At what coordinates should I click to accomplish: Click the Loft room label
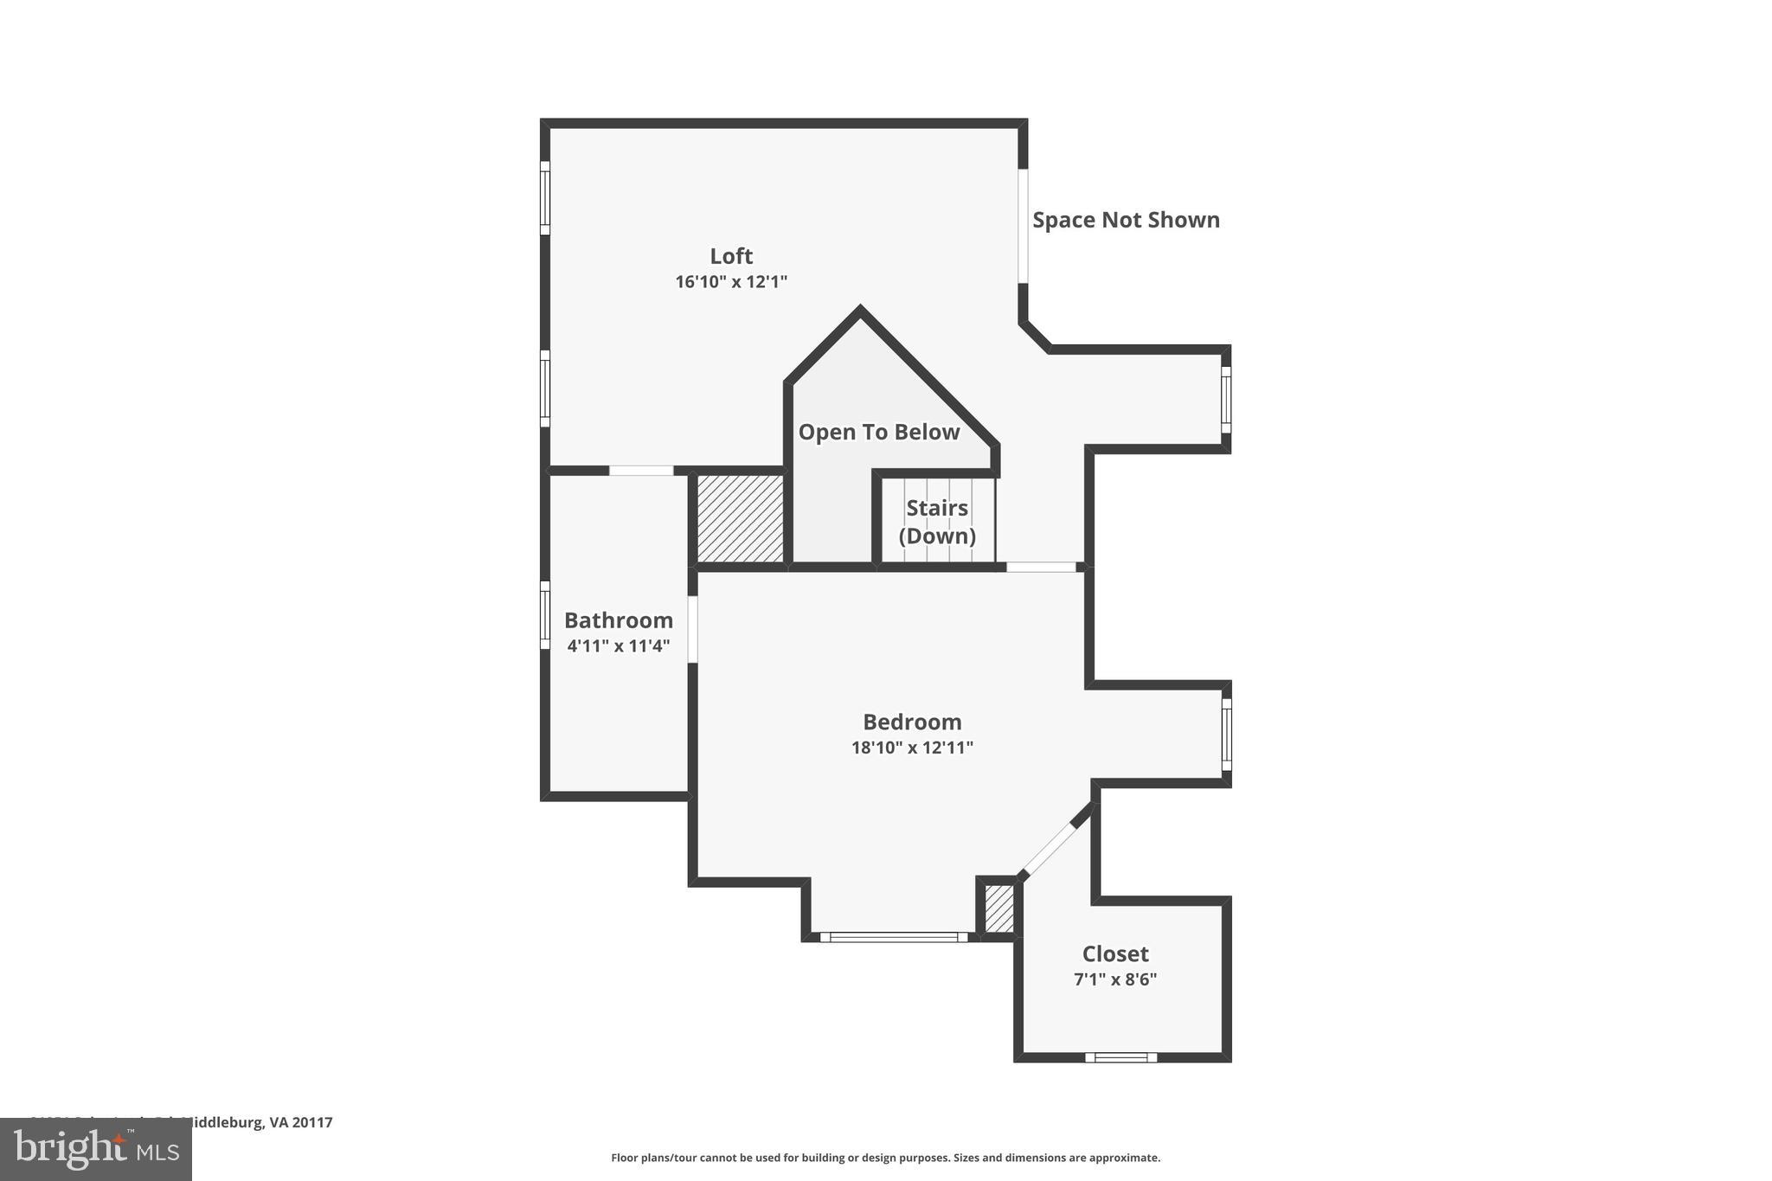pyautogui.click(x=731, y=256)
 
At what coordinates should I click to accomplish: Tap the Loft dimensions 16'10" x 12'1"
pyautogui.click(x=731, y=282)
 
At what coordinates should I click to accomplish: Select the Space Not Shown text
pyautogui.click(x=1126, y=220)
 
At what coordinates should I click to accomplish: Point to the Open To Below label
pyautogui.click(x=878, y=432)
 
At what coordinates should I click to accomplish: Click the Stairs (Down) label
pyautogui.click(x=937, y=522)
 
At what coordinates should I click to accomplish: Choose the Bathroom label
pyautogui.click(x=618, y=620)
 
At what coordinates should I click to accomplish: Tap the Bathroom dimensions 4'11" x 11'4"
pyautogui.click(x=618, y=646)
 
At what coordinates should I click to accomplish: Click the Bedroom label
pyautogui.click(x=912, y=722)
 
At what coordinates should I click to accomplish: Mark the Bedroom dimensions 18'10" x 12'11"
pyautogui.click(x=912, y=748)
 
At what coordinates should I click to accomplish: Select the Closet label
pyautogui.click(x=1115, y=953)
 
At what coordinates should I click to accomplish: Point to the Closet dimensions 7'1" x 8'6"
pyautogui.click(x=1115, y=979)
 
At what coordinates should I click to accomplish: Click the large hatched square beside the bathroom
pyautogui.click(x=741, y=517)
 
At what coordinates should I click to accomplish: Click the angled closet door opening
pyautogui.click(x=1049, y=849)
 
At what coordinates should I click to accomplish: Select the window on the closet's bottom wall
pyautogui.click(x=1120, y=1057)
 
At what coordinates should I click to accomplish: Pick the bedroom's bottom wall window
pyautogui.click(x=893, y=937)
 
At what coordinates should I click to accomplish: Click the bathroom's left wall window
pyautogui.click(x=545, y=615)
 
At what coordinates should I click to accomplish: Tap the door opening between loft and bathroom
pyautogui.click(x=641, y=471)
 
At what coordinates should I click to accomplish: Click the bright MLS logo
pyautogui.click(x=96, y=1149)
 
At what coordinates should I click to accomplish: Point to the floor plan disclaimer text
pyautogui.click(x=885, y=1158)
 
